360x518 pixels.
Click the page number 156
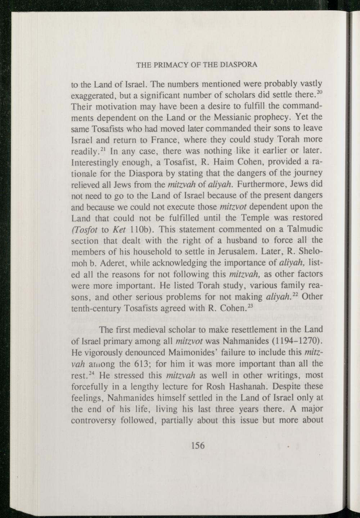click(198, 446)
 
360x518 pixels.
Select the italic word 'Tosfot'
click(84, 230)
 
